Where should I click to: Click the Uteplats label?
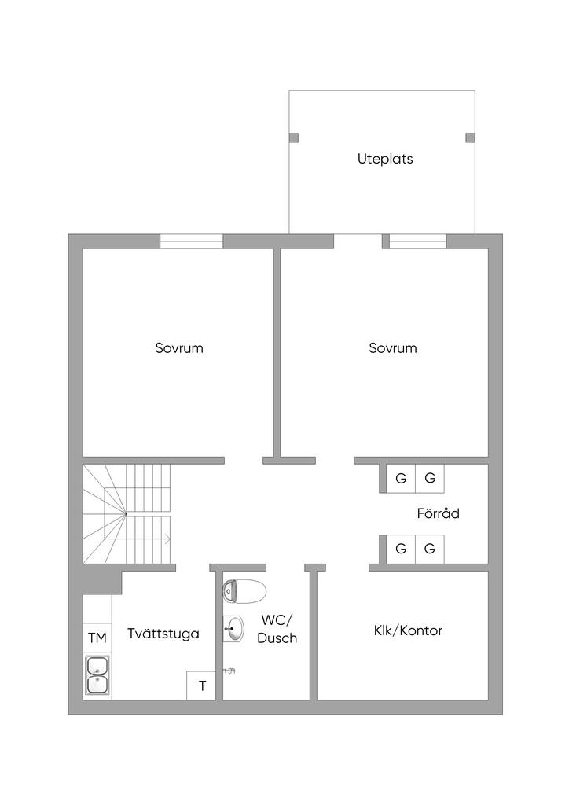[x=385, y=159]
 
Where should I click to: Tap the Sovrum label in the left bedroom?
[x=179, y=348]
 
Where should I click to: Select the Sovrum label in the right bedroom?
[x=392, y=348]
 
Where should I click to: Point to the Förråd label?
[x=438, y=513]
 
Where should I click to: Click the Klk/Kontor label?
[x=408, y=630]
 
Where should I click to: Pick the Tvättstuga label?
[x=163, y=634]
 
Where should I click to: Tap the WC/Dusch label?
[x=277, y=629]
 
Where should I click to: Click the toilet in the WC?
[x=244, y=591]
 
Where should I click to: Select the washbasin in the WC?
[x=233, y=628]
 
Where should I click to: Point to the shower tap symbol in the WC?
[x=229, y=671]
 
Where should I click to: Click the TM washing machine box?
[x=97, y=638]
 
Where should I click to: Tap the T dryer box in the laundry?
[x=201, y=686]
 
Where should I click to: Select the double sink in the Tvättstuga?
[x=97, y=675]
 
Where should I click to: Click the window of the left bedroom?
[x=192, y=241]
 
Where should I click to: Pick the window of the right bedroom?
[x=417, y=241]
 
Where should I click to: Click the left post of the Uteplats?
[x=293, y=138]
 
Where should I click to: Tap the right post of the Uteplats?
[x=470, y=138]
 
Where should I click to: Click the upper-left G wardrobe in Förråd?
[x=401, y=479]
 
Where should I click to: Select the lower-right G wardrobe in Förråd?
[x=430, y=549]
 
